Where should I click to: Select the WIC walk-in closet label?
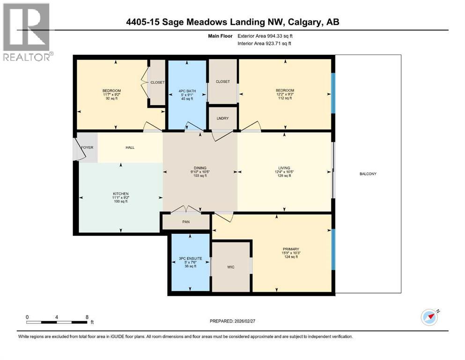[230, 267]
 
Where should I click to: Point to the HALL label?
[130, 147]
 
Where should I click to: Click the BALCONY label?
[368, 174]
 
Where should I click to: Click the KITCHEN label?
[120, 194]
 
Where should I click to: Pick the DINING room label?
[200, 168]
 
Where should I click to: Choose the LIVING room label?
[284, 168]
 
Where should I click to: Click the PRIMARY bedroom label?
[290, 249]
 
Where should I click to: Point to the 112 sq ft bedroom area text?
[285, 99]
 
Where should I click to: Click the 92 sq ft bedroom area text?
[112, 99]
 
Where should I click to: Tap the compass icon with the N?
[429, 317]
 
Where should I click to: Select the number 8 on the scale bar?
[87, 317]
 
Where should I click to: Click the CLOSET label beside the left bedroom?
[157, 82]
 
